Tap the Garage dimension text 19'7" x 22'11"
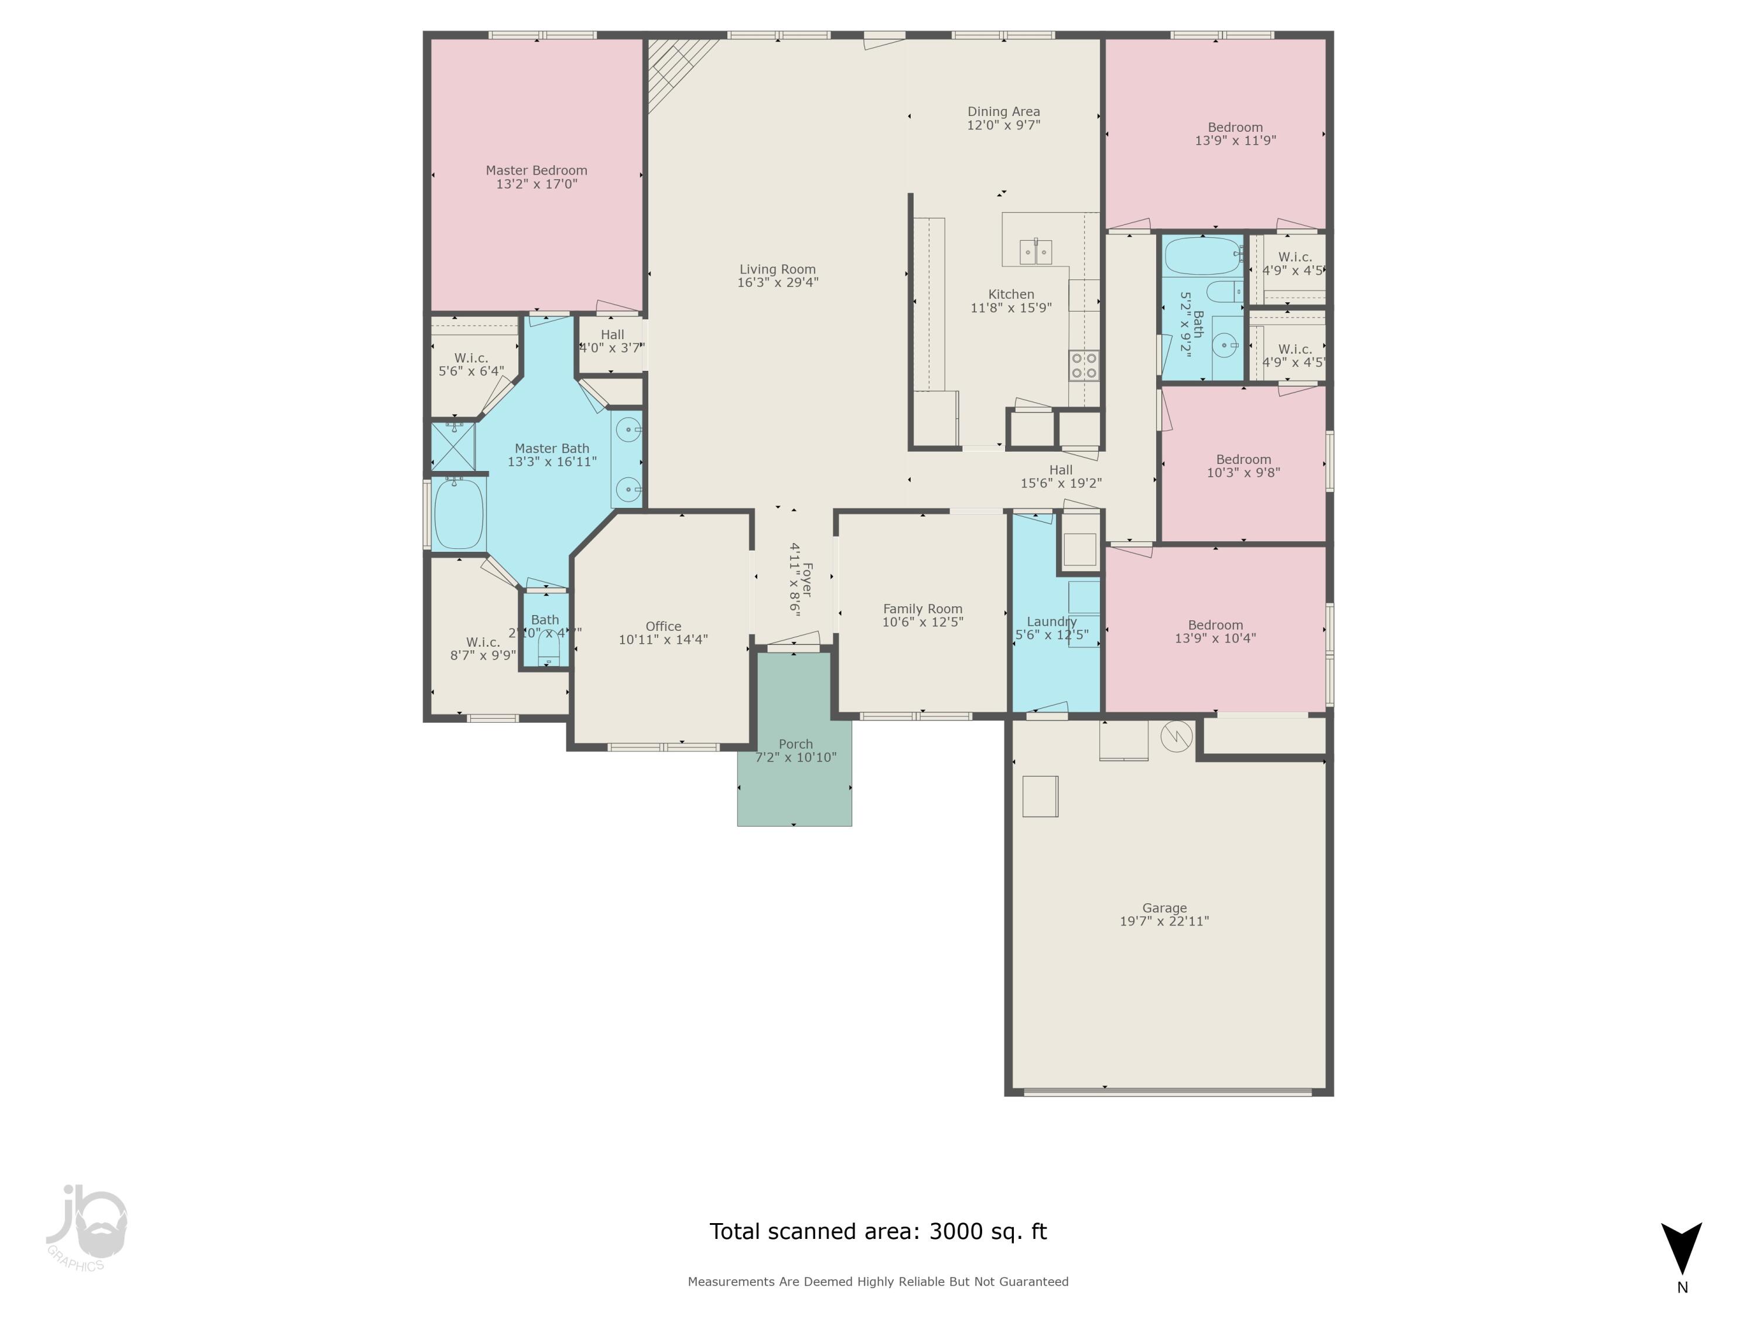(1164, 921)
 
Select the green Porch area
(794, 787)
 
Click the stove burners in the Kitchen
(1083, 366)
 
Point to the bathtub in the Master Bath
(459, 513)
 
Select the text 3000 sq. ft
(987, 1231)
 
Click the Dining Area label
(1003, 112)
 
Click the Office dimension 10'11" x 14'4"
(663, 640)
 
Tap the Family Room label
(922, 609)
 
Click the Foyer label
(806, 580)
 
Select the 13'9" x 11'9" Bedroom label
(1235, 134)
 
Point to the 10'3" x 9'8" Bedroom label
(1243, 466)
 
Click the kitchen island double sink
(1036, 252)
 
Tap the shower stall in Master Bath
(453, 446)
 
